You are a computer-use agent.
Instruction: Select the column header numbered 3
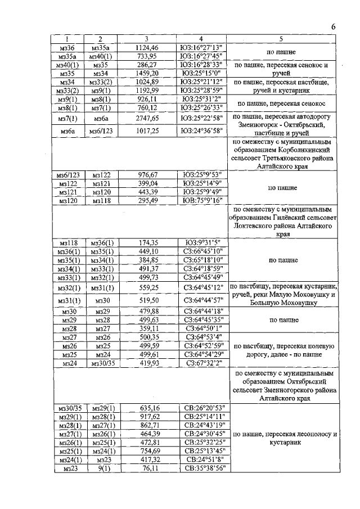146,39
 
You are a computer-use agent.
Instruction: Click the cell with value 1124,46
147,47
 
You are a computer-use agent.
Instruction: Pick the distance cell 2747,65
147,119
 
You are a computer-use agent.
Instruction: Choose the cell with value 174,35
147,242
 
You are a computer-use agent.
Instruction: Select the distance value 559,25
147,287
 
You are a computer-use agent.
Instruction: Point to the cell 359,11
147,328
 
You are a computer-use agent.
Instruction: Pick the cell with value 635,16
147,407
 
